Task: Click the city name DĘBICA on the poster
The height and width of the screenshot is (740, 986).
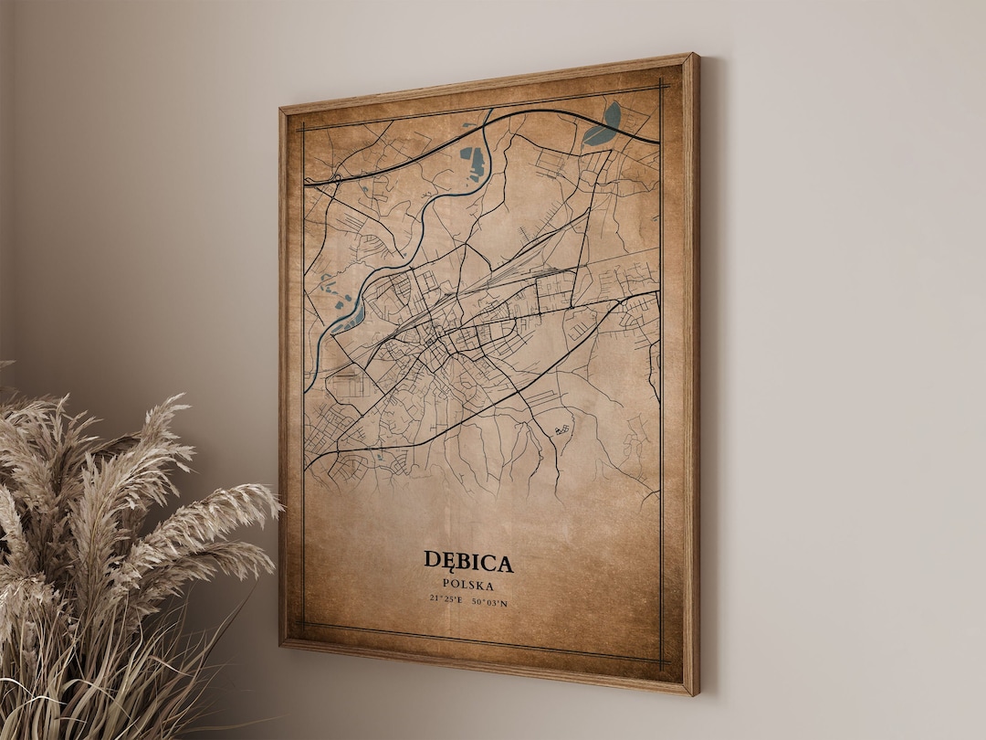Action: [x=467, y=561]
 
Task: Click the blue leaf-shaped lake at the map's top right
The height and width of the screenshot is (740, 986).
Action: [x=603, y=126]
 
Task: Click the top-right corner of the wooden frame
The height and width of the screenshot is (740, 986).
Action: [x=697, y=55]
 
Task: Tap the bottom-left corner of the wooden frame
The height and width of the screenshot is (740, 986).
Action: [x=282, y=644]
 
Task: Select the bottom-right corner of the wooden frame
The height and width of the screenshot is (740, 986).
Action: [x=695, y=693]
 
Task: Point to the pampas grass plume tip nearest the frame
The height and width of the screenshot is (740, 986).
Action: [x=274, y=498]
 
